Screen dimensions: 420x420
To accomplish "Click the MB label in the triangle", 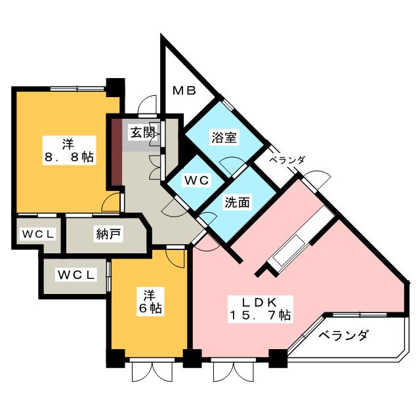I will point(184,91).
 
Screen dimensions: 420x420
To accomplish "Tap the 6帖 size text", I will point(150,307).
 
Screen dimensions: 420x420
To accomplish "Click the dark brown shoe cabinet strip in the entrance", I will point(116,152).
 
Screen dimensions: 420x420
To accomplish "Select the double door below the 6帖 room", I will point(150,371).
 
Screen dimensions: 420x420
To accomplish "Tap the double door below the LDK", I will point(231,371).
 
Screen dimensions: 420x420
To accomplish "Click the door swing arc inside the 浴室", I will point(231,165).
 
